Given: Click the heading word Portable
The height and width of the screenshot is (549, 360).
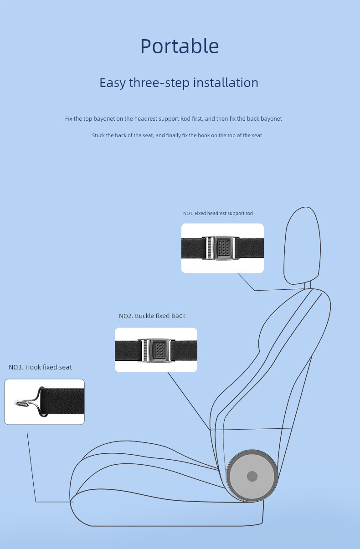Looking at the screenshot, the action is point(180,46).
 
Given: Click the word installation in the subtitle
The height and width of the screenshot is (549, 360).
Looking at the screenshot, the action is point(226,82).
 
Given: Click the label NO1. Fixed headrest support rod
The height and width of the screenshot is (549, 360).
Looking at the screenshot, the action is point(218,214).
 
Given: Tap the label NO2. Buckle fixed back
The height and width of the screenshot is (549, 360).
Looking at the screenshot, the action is point(152,316).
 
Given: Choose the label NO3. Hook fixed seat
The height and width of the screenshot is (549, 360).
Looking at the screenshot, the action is point(40,367).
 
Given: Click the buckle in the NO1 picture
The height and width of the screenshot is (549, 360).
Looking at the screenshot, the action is point(221,248).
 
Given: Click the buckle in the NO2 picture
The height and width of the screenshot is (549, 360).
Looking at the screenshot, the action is point(156,350).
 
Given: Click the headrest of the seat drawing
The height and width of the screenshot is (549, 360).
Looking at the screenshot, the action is point(302,246).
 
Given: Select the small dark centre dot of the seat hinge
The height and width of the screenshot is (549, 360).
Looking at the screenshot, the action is point(252,477).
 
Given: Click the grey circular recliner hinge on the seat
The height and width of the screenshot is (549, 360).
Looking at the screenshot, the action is point(252,476).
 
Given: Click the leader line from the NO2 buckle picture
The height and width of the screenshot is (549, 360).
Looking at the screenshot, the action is point(189,401).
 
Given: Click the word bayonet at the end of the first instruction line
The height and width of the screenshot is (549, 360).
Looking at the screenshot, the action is point(271,119).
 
